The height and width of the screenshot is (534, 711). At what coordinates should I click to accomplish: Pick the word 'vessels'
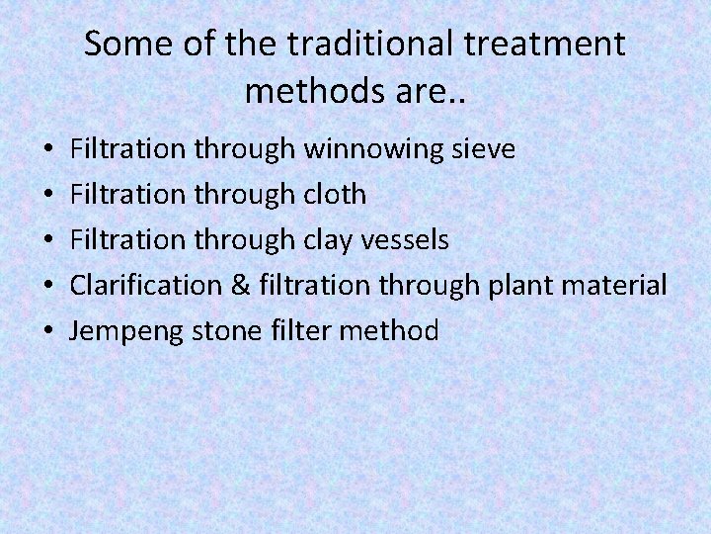point(408,240)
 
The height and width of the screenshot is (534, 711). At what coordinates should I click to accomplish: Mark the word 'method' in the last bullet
point(388,331)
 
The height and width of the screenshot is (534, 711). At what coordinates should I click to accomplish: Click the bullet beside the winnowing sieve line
point(48,150)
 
